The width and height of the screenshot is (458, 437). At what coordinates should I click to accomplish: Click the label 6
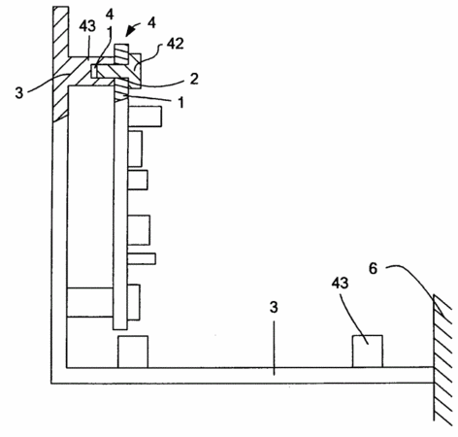pos(373,268)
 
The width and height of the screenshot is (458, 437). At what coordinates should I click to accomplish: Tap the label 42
pos(176,44)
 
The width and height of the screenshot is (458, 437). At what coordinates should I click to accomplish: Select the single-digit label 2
pos(194,79)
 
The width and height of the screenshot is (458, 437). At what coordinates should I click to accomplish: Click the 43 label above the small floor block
pos(340,284)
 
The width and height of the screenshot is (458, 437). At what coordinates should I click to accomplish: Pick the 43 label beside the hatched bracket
pos(87,26)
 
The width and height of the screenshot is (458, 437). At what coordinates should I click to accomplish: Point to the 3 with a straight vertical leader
pos(274,307)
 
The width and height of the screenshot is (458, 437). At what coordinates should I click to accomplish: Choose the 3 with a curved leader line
pos(19,93)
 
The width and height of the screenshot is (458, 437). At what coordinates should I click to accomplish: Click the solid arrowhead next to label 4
pos(130,31)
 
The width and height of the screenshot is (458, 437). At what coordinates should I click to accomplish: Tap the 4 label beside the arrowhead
pos(151,23)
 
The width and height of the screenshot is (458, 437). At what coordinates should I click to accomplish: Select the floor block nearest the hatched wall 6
pos(368,352)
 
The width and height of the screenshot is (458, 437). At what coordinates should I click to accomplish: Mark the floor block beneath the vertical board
pos(133,352)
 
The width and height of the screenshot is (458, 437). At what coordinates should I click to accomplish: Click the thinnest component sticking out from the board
pos(142,258)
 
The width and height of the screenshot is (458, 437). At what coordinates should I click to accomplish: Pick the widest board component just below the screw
pos(145,117)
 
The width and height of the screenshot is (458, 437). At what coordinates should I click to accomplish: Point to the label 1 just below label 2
pos(181,102)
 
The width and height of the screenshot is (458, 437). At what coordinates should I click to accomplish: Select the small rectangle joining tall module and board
pos(90,302)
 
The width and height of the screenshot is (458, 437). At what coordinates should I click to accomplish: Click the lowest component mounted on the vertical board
pos(134,302)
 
